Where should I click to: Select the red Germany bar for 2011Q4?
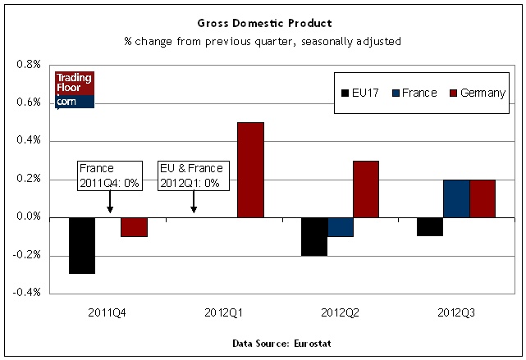[134, 226]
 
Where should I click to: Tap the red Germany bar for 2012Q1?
[249, 170]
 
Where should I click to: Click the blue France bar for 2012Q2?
[341, 226]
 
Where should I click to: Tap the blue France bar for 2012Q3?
[456, 198]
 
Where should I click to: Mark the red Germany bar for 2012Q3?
[482, 198]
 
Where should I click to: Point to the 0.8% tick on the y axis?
[29, 65]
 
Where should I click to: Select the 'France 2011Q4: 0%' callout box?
[109, 175]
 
